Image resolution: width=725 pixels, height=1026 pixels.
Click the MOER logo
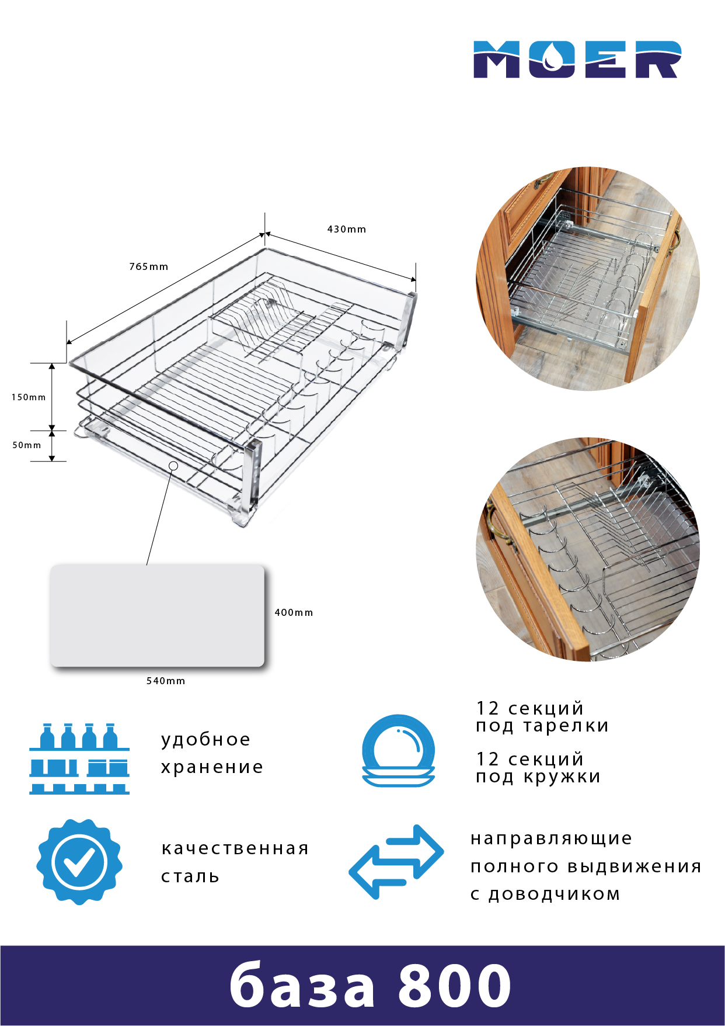click(577, 60)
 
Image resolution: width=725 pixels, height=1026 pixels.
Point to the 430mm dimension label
click(347, 229)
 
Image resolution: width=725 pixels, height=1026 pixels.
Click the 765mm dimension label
click(149, 266)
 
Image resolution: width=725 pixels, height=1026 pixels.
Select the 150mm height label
click(29, 397)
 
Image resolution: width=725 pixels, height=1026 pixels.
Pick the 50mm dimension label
click(27, 445)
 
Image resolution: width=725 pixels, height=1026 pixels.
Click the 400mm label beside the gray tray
click(294, 612)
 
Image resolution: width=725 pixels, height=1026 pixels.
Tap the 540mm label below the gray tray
click(166, 681)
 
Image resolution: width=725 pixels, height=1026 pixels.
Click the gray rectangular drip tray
click(158, 615)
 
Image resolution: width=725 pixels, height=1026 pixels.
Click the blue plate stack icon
click(399, 751)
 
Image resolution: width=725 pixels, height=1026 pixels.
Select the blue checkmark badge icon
click(79, 862)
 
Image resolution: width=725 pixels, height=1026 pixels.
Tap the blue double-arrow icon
click(396, 862)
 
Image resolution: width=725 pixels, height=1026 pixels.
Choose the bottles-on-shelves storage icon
click(79, 758)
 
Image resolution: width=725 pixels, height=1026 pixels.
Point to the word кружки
click(562, 777)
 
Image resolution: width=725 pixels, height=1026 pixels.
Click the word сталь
click(190, 876)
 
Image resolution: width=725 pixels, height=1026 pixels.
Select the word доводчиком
click(554, 895)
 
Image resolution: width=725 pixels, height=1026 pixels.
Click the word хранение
click(212, 767)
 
